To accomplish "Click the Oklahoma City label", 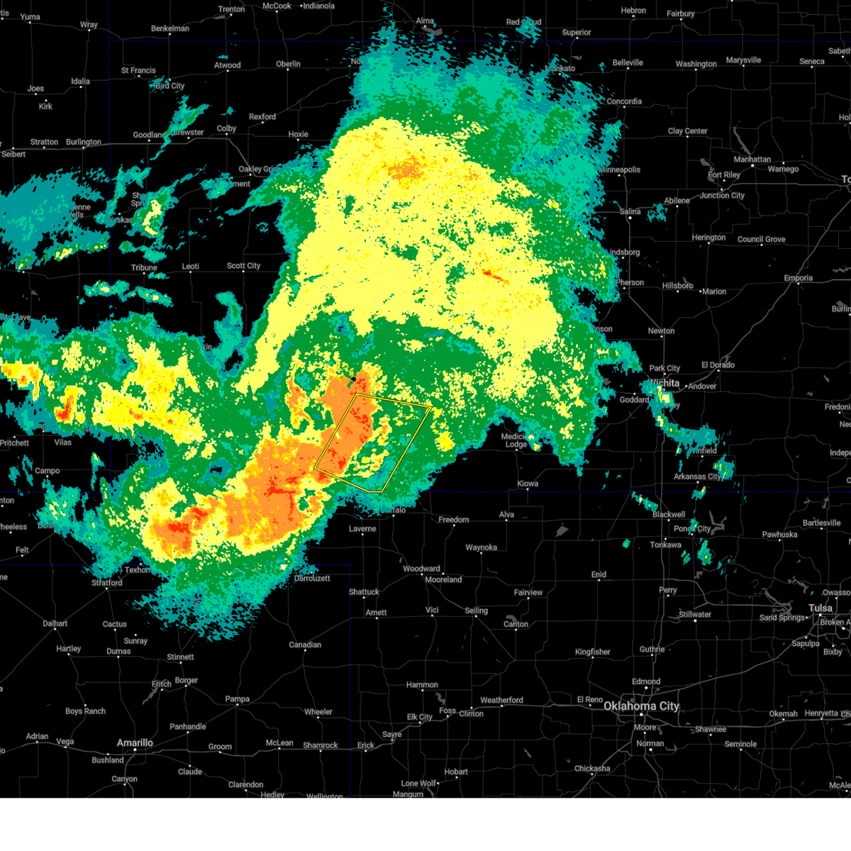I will tap(641, 706).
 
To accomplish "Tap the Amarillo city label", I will tap(135, 742).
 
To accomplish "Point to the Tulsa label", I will tap(821, 608).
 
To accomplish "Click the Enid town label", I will tap(599, 574).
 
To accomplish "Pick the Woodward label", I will tap(421, 569).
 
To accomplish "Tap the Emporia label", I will tap(798, 278).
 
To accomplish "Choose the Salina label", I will tap(630, 211).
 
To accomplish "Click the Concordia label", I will tap(624, 101).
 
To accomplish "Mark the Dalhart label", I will tap(55, 623).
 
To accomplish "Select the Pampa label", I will tap(238, 699).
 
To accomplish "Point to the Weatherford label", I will tap(501, 700).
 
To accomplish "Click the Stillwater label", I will tap(695, 614).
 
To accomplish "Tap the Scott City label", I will tap(243, 266).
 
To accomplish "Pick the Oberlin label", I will tap(288, 64).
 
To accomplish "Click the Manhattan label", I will tap(752, 160).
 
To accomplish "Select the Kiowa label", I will tap(528, 484).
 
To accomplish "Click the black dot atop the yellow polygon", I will tap(353, 379).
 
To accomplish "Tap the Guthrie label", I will tap(652, 649).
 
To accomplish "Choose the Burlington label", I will tap(84, 142).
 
